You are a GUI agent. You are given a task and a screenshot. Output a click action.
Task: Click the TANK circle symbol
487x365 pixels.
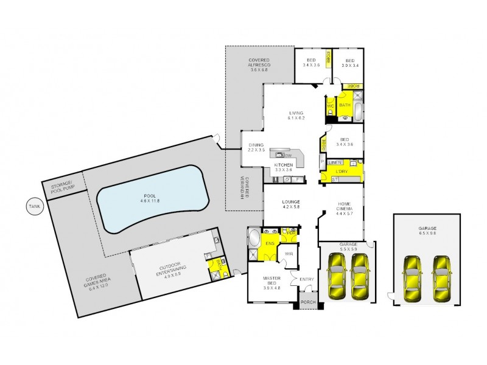click(x=33, y=207)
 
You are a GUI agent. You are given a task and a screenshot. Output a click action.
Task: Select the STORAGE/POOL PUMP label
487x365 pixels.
click(x=61, y=186)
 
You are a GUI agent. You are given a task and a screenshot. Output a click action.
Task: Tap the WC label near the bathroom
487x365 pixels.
click(x=331, y=106)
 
